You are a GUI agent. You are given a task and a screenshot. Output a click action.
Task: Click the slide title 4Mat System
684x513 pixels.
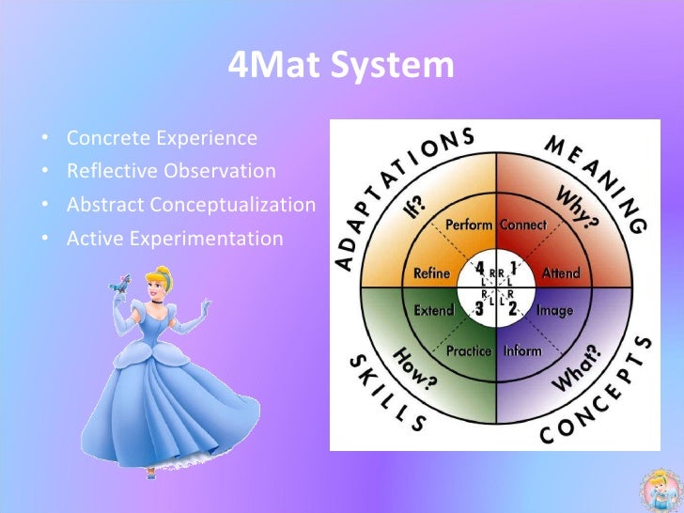click(x=341, y=66)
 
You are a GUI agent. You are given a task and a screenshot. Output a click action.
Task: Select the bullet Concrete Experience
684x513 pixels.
click(x=162, y=138)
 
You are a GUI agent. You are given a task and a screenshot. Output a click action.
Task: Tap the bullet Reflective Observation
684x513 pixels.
click(x=171, y=171)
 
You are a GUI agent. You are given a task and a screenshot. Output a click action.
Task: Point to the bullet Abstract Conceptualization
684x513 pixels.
click(x=191, y=205)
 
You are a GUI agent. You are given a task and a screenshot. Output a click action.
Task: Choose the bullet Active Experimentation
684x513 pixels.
click(x=174, y=238)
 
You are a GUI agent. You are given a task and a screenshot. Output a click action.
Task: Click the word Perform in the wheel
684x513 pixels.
click(x=468, y=225)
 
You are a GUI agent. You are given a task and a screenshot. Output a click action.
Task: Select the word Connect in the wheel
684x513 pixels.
click(x=523, y=225)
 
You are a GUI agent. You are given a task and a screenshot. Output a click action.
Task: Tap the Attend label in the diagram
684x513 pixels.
click(x=561, y=273)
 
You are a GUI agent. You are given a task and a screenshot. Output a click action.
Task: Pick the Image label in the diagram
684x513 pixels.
click(x=554, y=310)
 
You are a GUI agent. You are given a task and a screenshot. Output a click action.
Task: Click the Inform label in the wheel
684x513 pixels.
click(x=522, y=351)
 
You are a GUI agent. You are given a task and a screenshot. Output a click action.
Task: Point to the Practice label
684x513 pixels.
click(x=469, y=351)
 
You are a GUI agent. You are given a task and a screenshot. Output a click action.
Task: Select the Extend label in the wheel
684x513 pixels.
click(x=434, y=310)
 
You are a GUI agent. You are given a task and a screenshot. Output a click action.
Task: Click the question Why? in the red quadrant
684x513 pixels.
click(x=577, y=207)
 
